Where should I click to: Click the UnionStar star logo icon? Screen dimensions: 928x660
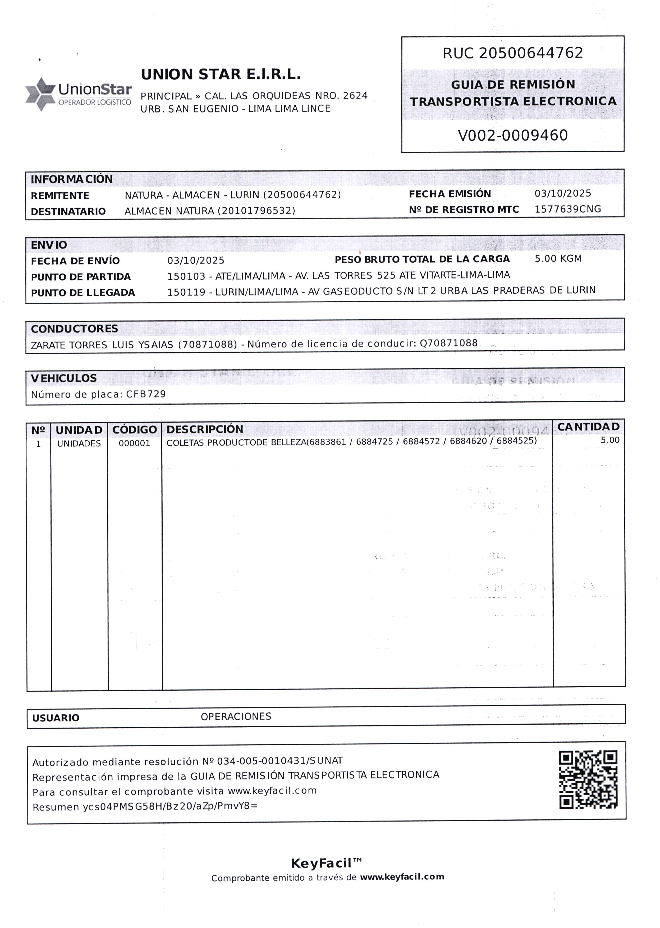[40, 94]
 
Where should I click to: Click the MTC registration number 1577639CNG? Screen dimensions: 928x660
[567, 209]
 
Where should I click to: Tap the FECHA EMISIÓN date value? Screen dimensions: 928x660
[562, 193]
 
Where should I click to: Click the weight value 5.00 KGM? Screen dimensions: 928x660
[558, 258]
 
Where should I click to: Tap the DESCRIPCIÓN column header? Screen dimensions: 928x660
[205, 429]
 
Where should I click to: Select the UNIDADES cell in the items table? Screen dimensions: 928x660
[79, 443]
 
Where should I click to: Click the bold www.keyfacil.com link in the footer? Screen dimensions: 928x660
[402, 877]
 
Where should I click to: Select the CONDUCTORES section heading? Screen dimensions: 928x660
[74, 329]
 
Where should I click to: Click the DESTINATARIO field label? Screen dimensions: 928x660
[68, 211]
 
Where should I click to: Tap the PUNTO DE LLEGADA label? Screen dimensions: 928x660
[83, 293]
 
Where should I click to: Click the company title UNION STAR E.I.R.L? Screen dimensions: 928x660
[221, 74]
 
